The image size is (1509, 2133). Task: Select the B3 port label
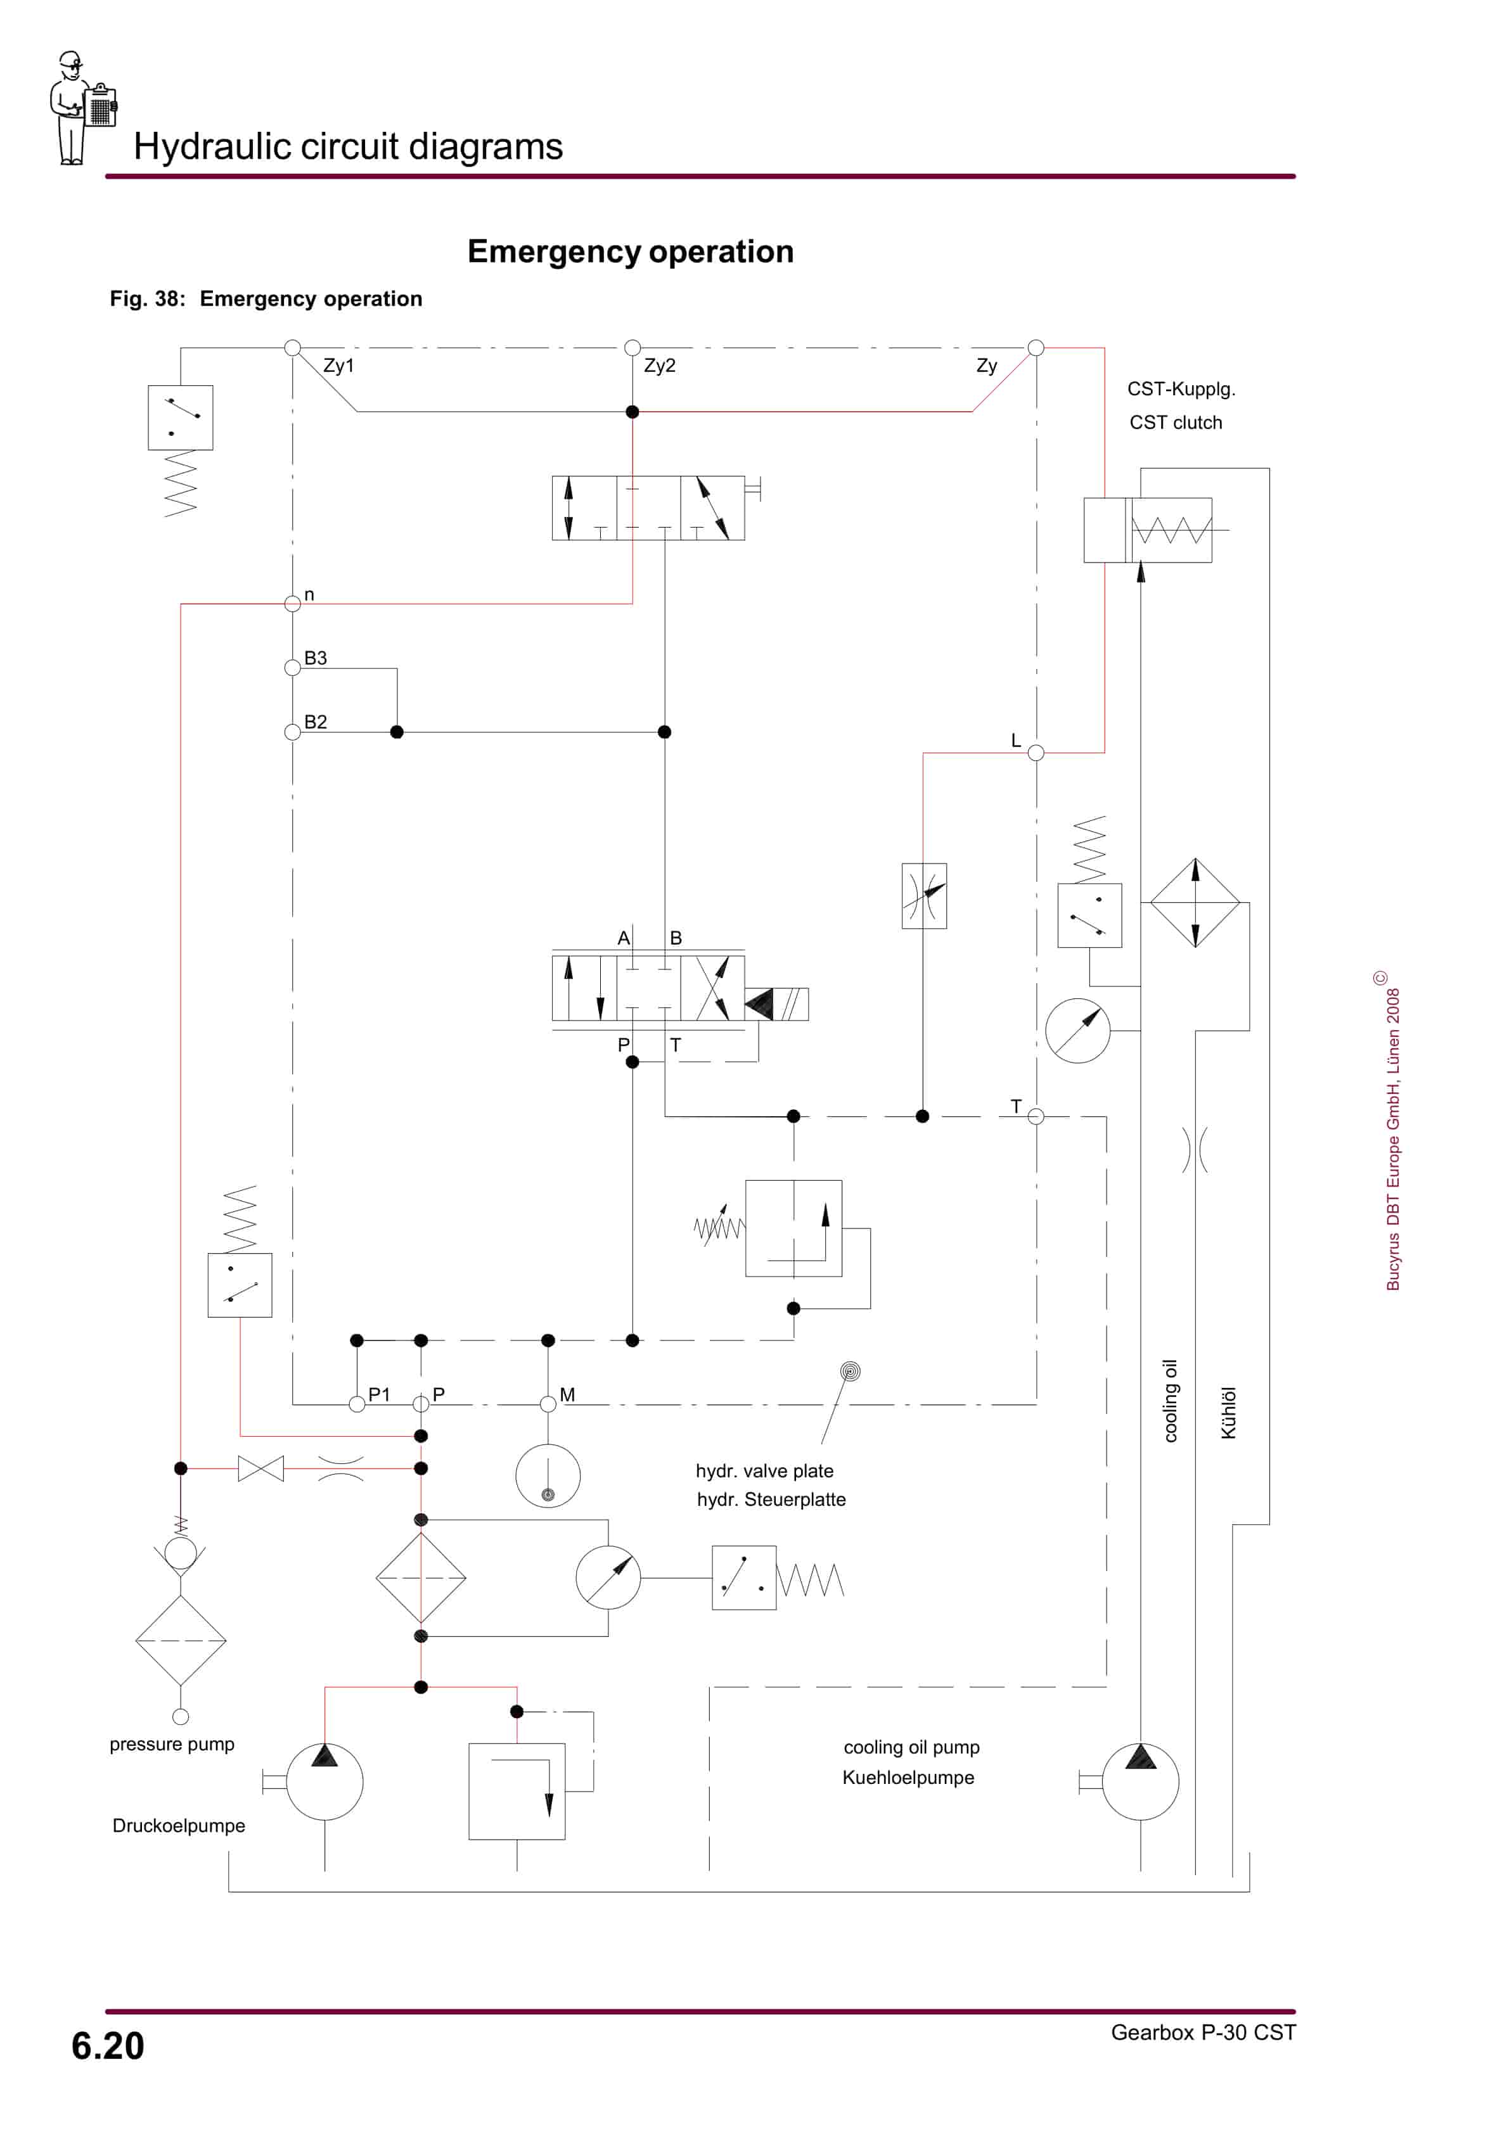pyautogui.click(x=315, y=658)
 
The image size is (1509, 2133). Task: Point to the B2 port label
pyautogui.click(x=315, y=722)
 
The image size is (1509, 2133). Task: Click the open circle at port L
pyautogui.click(x=1036, y=753)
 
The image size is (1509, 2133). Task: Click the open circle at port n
pyautogui.click(x=293, y=604)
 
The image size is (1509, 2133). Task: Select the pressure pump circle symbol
pyautogui.click(x=324, y=1782)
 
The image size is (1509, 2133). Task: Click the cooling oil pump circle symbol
pyautogui.click(x=1140, y=1782)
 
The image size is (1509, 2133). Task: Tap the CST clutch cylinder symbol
pyautogui.click(x=1148, y=530)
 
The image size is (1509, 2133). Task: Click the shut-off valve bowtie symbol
pyautogui.click(x=261, y=1468)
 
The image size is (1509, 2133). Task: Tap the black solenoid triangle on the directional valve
pyautogui.click(x=759, y=1004)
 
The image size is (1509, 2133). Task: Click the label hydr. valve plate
pyautogui.click(x=764, y=1470)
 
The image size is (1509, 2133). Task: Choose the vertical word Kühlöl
pyautogui.click(x=1228, y=1413)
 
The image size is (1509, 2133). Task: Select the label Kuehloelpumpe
pyautogui.click(x=908, y=1777)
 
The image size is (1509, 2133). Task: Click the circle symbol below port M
pyautogui.click(x=548, y=1476)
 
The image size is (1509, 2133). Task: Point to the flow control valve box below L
pyautogui.click(x=923, y=896)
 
